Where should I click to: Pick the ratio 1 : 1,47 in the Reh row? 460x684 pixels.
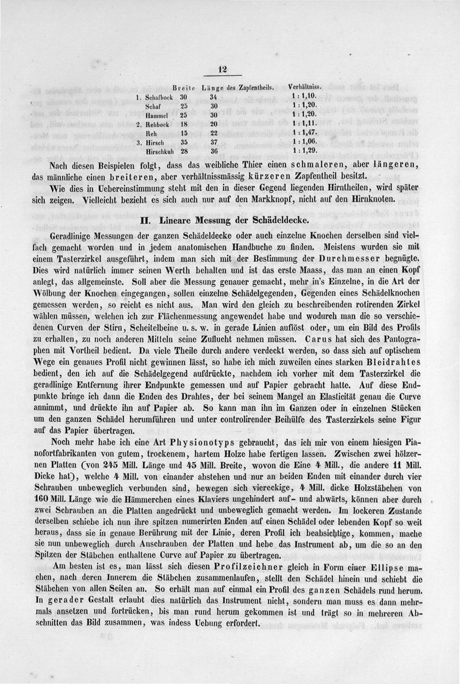coord(305,132)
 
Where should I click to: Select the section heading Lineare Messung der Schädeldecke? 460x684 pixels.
coord(229,221)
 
